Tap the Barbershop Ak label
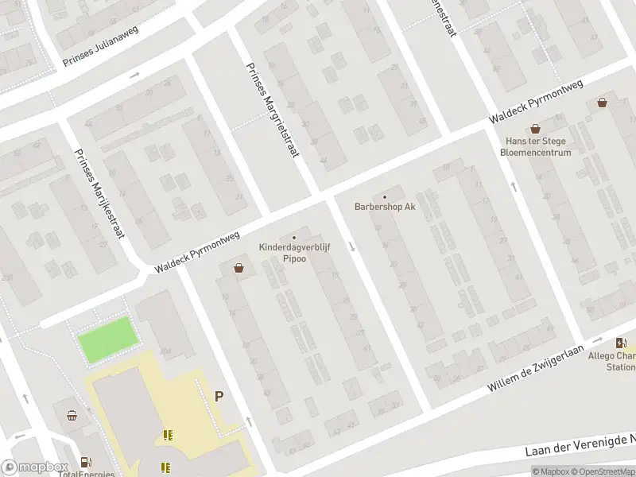pyautogui.click(x=385, y=207)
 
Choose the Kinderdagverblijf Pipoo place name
pyautogui.click(x=295, y=253)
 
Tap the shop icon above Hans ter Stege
pyautogui.click(x=535, y=128)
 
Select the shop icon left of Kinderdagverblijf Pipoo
pyautogui.click(x=238, y=269)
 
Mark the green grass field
pyautogui.click(x=107, y=339)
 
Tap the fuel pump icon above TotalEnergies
pyautogui.click(x=86, y=461)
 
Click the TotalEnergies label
pyautogui.click(x=87, y=474)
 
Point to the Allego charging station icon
pyautogui.click(x=620, y=343)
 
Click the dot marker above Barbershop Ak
pyautogui.click(x=385, y=197)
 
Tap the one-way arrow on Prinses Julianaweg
pyautogui.click(x=134, y=75)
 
